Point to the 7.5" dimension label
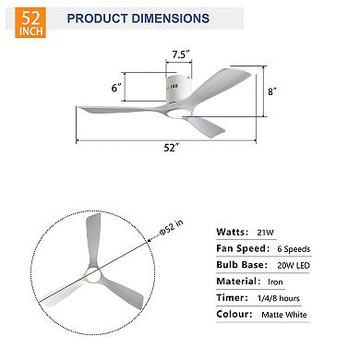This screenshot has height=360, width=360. coord(181,54)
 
